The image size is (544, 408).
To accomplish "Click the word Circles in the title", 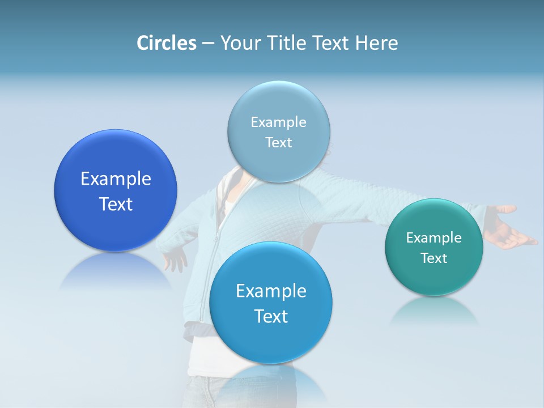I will [166, 43].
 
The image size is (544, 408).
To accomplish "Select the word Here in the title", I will [376, 43].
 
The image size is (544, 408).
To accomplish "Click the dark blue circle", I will [116, 164].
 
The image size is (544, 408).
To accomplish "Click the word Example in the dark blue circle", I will [116, 179].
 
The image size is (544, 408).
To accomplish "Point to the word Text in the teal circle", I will [434, 258].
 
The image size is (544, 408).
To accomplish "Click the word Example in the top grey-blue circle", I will [278, 122].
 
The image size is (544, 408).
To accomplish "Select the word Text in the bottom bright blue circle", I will [271, 316].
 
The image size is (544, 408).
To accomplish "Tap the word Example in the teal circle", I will [434, 238].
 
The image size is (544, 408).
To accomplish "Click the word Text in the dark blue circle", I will [116, 204].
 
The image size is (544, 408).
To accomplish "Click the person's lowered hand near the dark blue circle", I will [175, 261].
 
